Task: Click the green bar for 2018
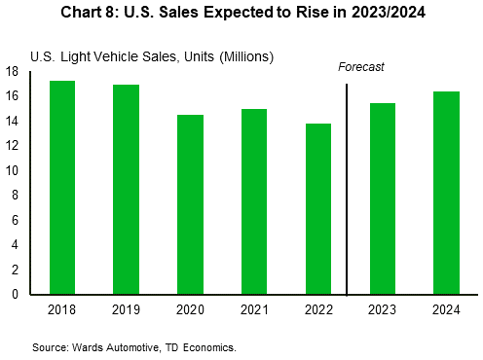point(62,187)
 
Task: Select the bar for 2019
point(127,189)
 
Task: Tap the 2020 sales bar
point(190,204)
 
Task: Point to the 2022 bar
point(318,208)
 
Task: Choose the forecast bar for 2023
point(383,198)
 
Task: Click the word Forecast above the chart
point(361,67)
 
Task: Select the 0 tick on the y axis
point(16,294)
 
